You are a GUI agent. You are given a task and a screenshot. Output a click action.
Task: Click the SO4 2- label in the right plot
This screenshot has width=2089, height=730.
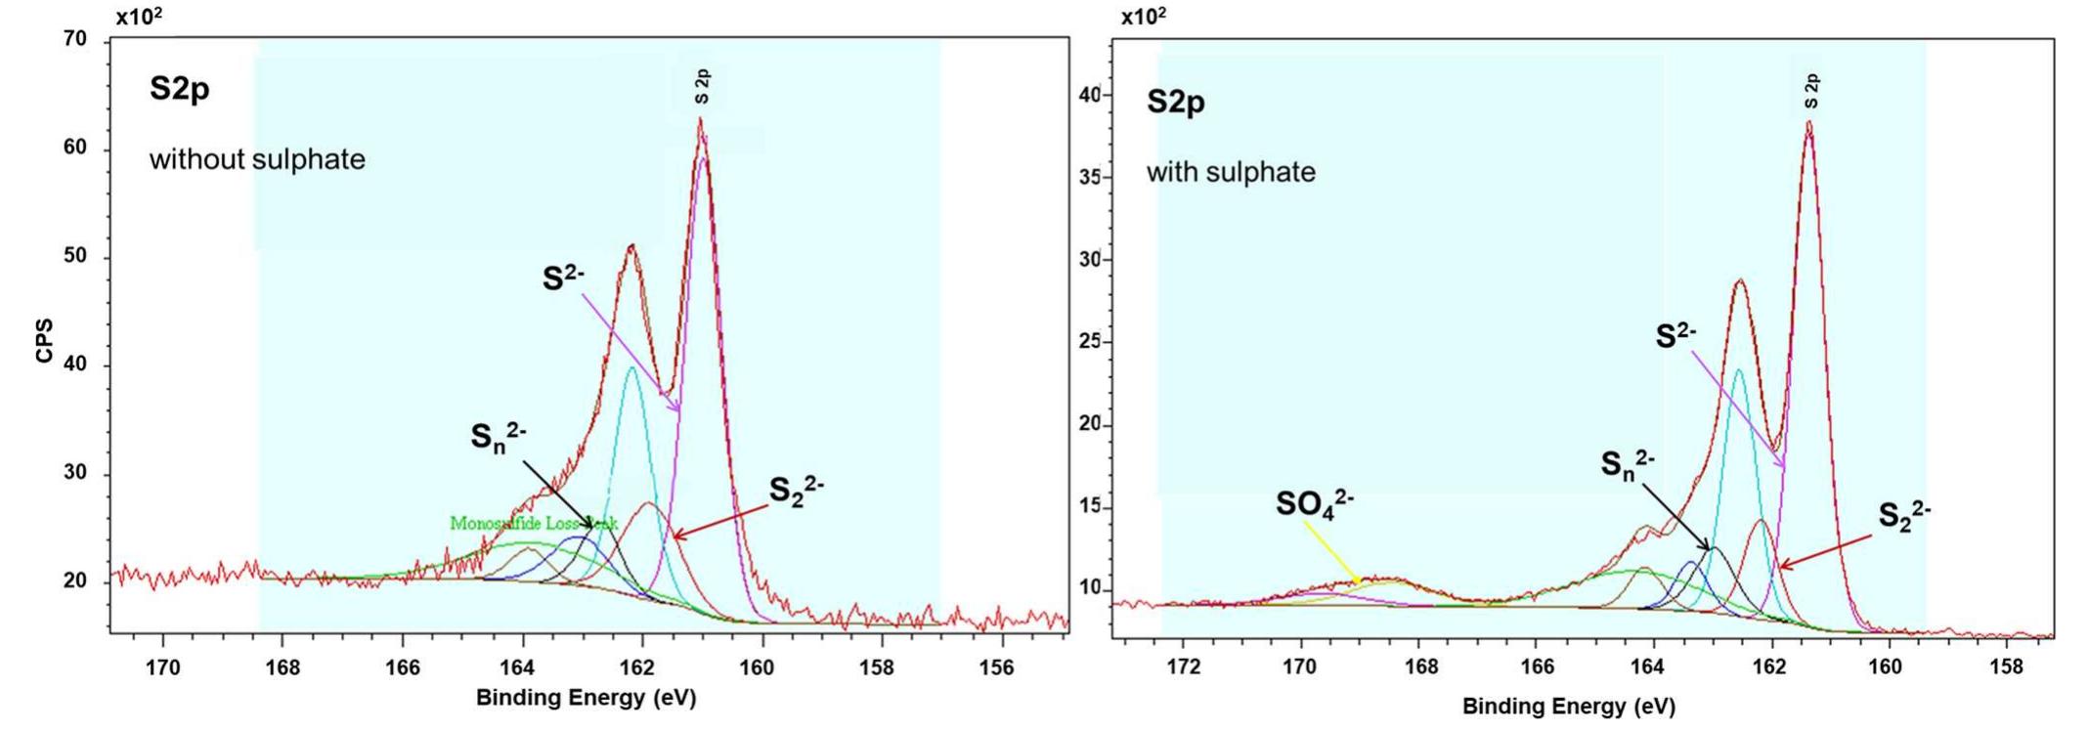(1314, 503)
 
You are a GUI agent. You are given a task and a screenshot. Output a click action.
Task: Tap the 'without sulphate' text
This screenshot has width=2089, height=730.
(257, 159)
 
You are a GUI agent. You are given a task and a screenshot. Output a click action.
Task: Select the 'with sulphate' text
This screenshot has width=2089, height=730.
(1231, 173)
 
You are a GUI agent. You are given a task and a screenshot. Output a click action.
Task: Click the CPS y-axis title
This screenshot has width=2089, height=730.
(44, 340)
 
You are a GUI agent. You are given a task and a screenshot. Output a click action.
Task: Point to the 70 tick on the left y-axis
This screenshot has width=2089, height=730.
(76, 40)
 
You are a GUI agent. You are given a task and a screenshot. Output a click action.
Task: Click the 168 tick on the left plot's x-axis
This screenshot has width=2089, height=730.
(283, 668)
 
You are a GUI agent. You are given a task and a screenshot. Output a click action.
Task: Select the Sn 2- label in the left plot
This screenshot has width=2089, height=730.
(499, 437)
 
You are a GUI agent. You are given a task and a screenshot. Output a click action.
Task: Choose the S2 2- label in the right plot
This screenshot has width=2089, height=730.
(1903, 515)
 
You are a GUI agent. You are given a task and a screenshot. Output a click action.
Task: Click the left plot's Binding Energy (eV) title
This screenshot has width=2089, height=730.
(586, 698)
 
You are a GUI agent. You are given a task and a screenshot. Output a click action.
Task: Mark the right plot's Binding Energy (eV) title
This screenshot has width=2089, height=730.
(1568, 706)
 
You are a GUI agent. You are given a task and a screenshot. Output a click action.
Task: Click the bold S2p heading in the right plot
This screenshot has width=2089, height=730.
(1175, 102)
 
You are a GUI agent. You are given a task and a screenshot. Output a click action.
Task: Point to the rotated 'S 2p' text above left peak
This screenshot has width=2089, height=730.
(703, 87)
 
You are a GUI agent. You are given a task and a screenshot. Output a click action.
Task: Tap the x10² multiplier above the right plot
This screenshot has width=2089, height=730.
(1143, 17)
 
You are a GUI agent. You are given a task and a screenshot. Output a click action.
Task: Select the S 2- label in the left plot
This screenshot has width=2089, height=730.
(564, 279)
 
